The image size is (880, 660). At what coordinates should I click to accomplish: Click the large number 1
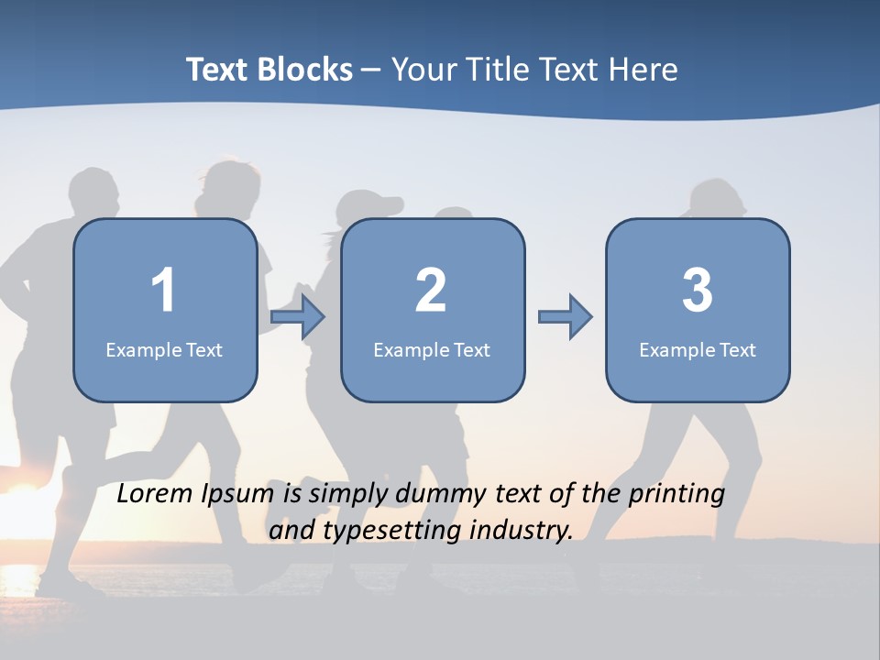coord(163,291)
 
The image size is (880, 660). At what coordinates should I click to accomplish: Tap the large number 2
coord(431,291)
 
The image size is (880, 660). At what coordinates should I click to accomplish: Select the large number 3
coord(698,291)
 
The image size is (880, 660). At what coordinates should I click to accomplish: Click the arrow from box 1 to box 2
coord(299,317)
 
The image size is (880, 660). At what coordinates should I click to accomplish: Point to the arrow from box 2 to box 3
coord(566,317)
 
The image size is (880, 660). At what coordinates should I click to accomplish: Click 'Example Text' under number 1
coord(164,349)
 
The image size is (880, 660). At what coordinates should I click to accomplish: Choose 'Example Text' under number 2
coord(432,349)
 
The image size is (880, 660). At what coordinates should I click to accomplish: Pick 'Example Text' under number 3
coord(698,349)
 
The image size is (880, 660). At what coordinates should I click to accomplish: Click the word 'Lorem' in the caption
coord(156,494)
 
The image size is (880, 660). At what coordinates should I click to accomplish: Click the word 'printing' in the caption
coord(676,495)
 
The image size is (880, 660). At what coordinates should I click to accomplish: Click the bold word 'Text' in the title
coord(220,70)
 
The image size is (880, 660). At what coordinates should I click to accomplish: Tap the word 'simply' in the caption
coord(351,495)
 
